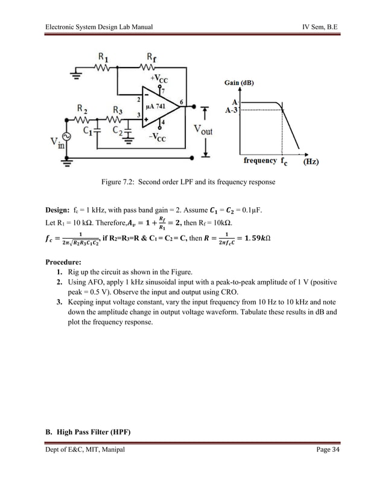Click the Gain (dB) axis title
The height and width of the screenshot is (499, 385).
[238, 82]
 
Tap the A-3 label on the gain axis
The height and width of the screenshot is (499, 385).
[231, 111]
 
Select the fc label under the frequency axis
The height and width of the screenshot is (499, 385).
[283, 161]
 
